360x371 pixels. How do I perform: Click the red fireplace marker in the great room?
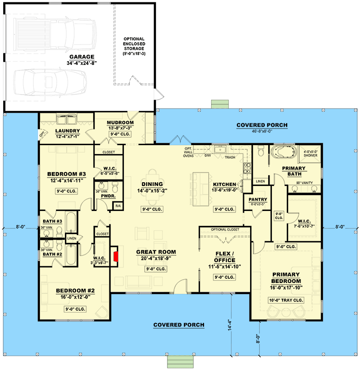[x=116, y=257]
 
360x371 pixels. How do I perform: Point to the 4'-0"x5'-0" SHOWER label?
[x=311, y=154]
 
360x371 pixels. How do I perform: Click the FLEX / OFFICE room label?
[x=225, y=257]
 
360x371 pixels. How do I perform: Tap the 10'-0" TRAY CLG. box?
[x=286, y=300]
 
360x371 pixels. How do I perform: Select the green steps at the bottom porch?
[x=180, y=361]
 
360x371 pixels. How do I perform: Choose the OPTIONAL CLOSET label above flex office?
[x=225, y=230]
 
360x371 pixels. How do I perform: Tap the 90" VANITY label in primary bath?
[x=305, y=183]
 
